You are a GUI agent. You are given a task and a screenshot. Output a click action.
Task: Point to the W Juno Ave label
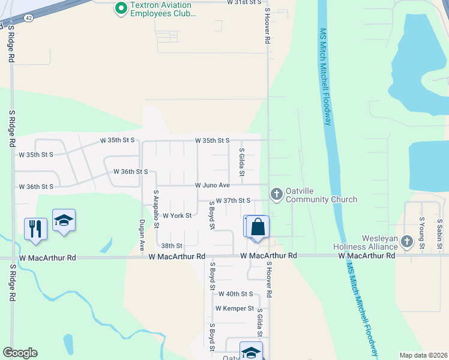(212, 185)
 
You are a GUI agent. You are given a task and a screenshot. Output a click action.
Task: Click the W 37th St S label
(233, 200)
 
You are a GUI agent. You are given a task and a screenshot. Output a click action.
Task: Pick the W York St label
(176, 215)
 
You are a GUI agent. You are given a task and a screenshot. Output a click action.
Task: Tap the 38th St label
(171, 246)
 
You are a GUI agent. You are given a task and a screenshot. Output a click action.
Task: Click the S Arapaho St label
(156, 209)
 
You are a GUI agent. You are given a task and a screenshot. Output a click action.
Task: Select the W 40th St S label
(236, 294)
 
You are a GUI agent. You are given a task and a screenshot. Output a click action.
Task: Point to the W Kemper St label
(235, 308)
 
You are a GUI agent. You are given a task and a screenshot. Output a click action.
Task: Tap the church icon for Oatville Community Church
(276, 193)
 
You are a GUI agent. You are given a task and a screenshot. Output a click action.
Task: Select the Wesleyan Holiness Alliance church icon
(407, 241)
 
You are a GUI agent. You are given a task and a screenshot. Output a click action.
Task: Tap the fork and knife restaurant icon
(35, 229)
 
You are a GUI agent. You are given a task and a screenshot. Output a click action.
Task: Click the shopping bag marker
(258, 227)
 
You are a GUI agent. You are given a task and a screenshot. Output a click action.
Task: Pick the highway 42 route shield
(29, 19)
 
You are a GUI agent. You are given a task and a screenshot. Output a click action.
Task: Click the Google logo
(20, 353)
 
